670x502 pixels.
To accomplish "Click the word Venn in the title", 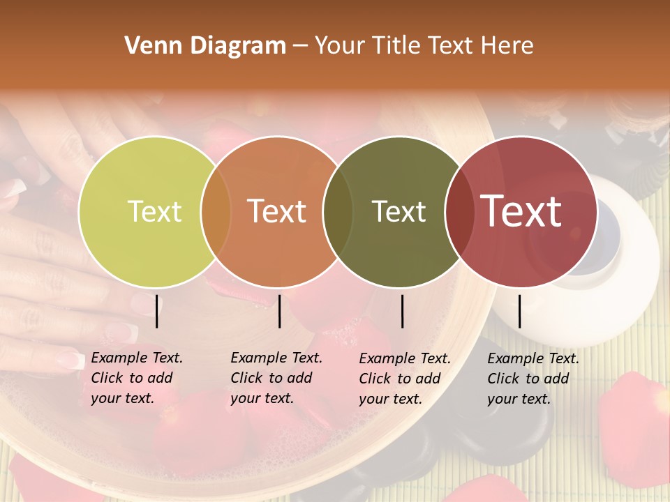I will (x=149, y=46).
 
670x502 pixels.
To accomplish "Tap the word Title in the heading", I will (x=396, y=46).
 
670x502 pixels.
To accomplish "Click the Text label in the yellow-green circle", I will (x=154, y=211).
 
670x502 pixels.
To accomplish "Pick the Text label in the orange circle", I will (x=277, y=211).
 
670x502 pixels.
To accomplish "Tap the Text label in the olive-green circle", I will (x=399, y=211).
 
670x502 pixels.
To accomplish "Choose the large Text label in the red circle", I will (x=521, y=211).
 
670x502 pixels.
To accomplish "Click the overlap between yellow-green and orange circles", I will (x=216, y=211).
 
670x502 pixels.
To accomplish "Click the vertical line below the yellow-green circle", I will (x=156, y=311).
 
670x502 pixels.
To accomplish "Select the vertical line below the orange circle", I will (x=279, y=311).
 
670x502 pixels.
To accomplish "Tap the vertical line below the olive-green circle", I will (x=402, y=311).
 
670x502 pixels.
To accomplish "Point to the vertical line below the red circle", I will (x=520, y=311).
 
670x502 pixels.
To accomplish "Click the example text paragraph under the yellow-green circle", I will (x=136, y=378).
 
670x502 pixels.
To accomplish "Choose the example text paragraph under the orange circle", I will (x=276, y=378).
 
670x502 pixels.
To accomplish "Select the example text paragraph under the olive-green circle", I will (x=404, y=379).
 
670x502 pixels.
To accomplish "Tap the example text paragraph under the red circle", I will (x=533, y=379).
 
